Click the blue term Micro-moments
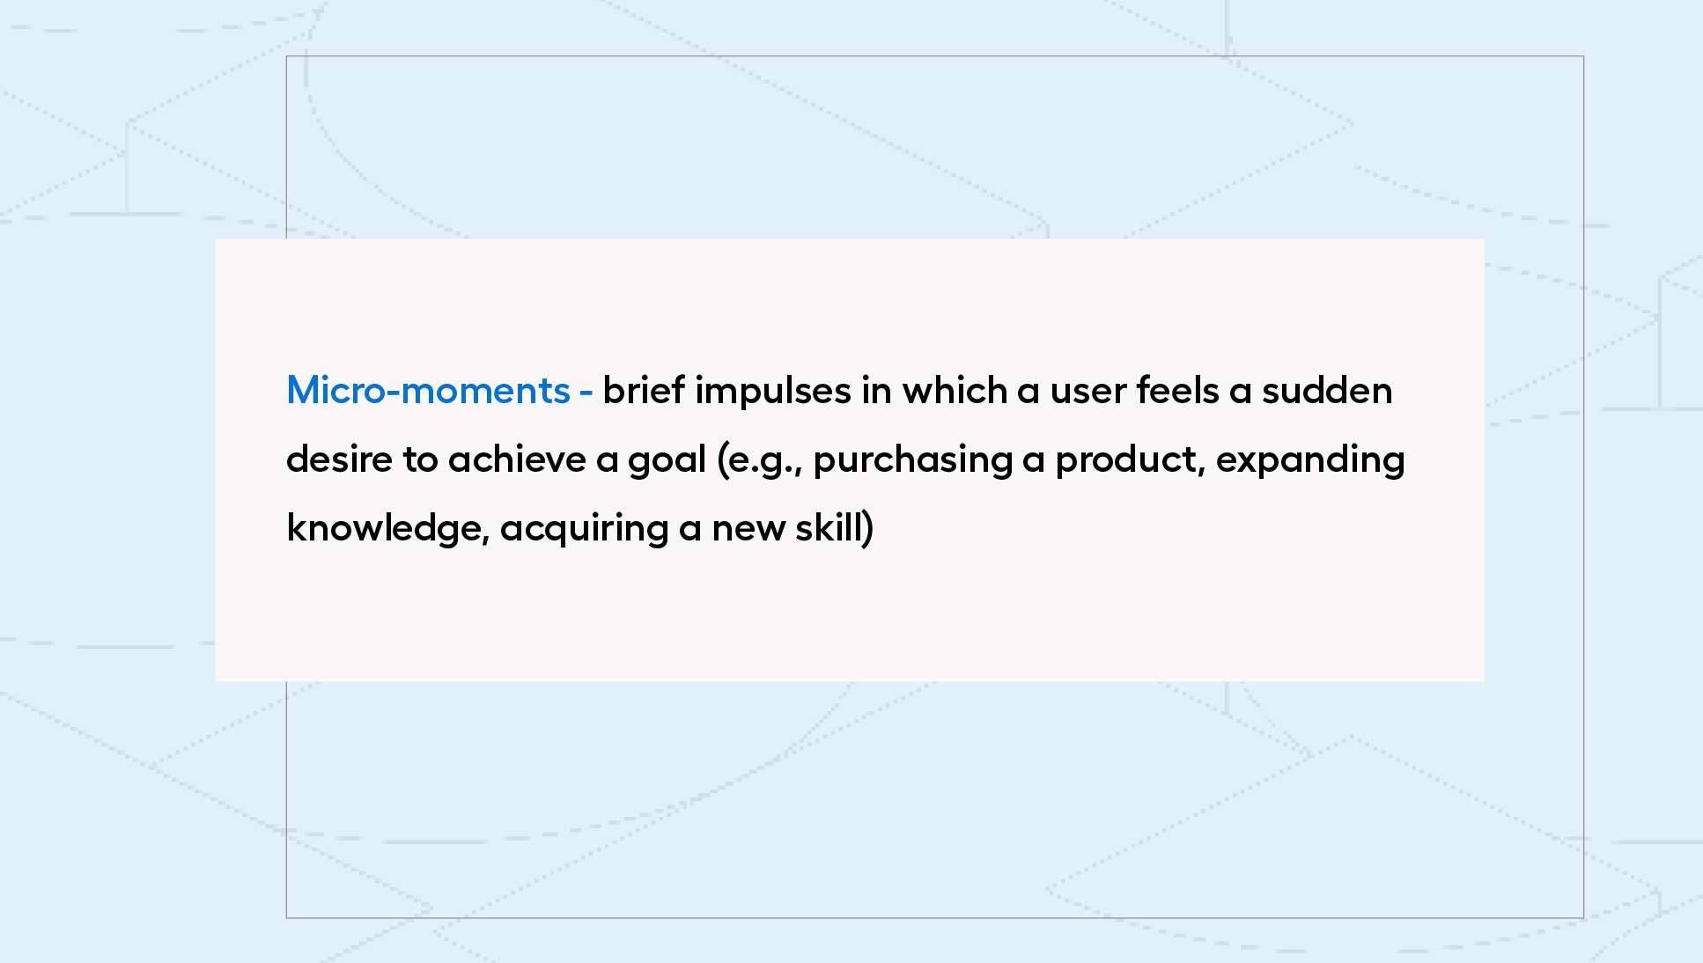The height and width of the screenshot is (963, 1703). click(428, 390)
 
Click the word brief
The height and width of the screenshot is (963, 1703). click(644, 390)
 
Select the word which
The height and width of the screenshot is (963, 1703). click(955, 390)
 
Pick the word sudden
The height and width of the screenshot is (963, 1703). click(1327, 390)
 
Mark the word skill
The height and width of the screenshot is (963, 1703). click(829, 527)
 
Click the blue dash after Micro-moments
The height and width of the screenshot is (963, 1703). click(586, 393)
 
